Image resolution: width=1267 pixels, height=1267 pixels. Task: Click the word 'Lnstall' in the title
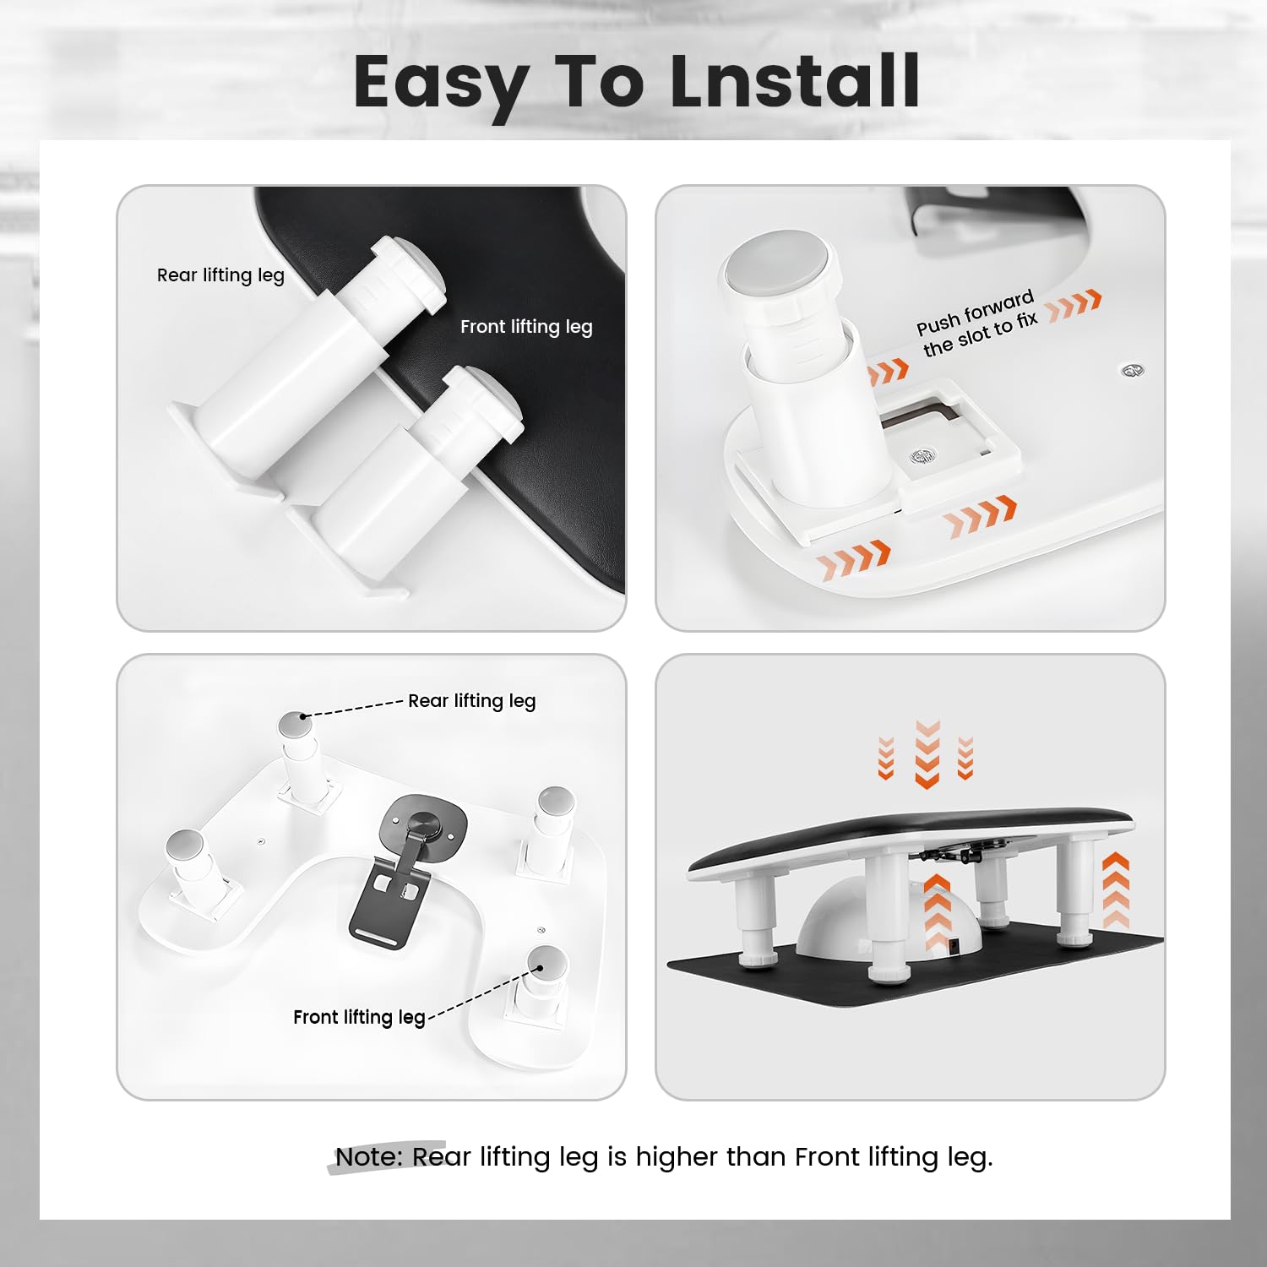795,81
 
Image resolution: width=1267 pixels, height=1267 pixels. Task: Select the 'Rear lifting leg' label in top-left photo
220,275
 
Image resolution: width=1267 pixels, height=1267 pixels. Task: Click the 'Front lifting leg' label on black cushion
526,327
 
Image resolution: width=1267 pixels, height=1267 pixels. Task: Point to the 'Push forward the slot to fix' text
976,324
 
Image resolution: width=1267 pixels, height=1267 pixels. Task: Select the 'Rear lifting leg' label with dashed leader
471,701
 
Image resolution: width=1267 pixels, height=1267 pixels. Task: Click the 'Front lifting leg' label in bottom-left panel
359,1017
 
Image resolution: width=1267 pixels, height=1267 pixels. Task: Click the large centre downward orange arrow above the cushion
927,754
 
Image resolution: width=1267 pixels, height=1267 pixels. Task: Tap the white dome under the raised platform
891,916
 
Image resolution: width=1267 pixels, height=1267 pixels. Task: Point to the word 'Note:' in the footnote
369,1156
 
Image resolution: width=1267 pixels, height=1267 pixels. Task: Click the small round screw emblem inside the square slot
923,456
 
